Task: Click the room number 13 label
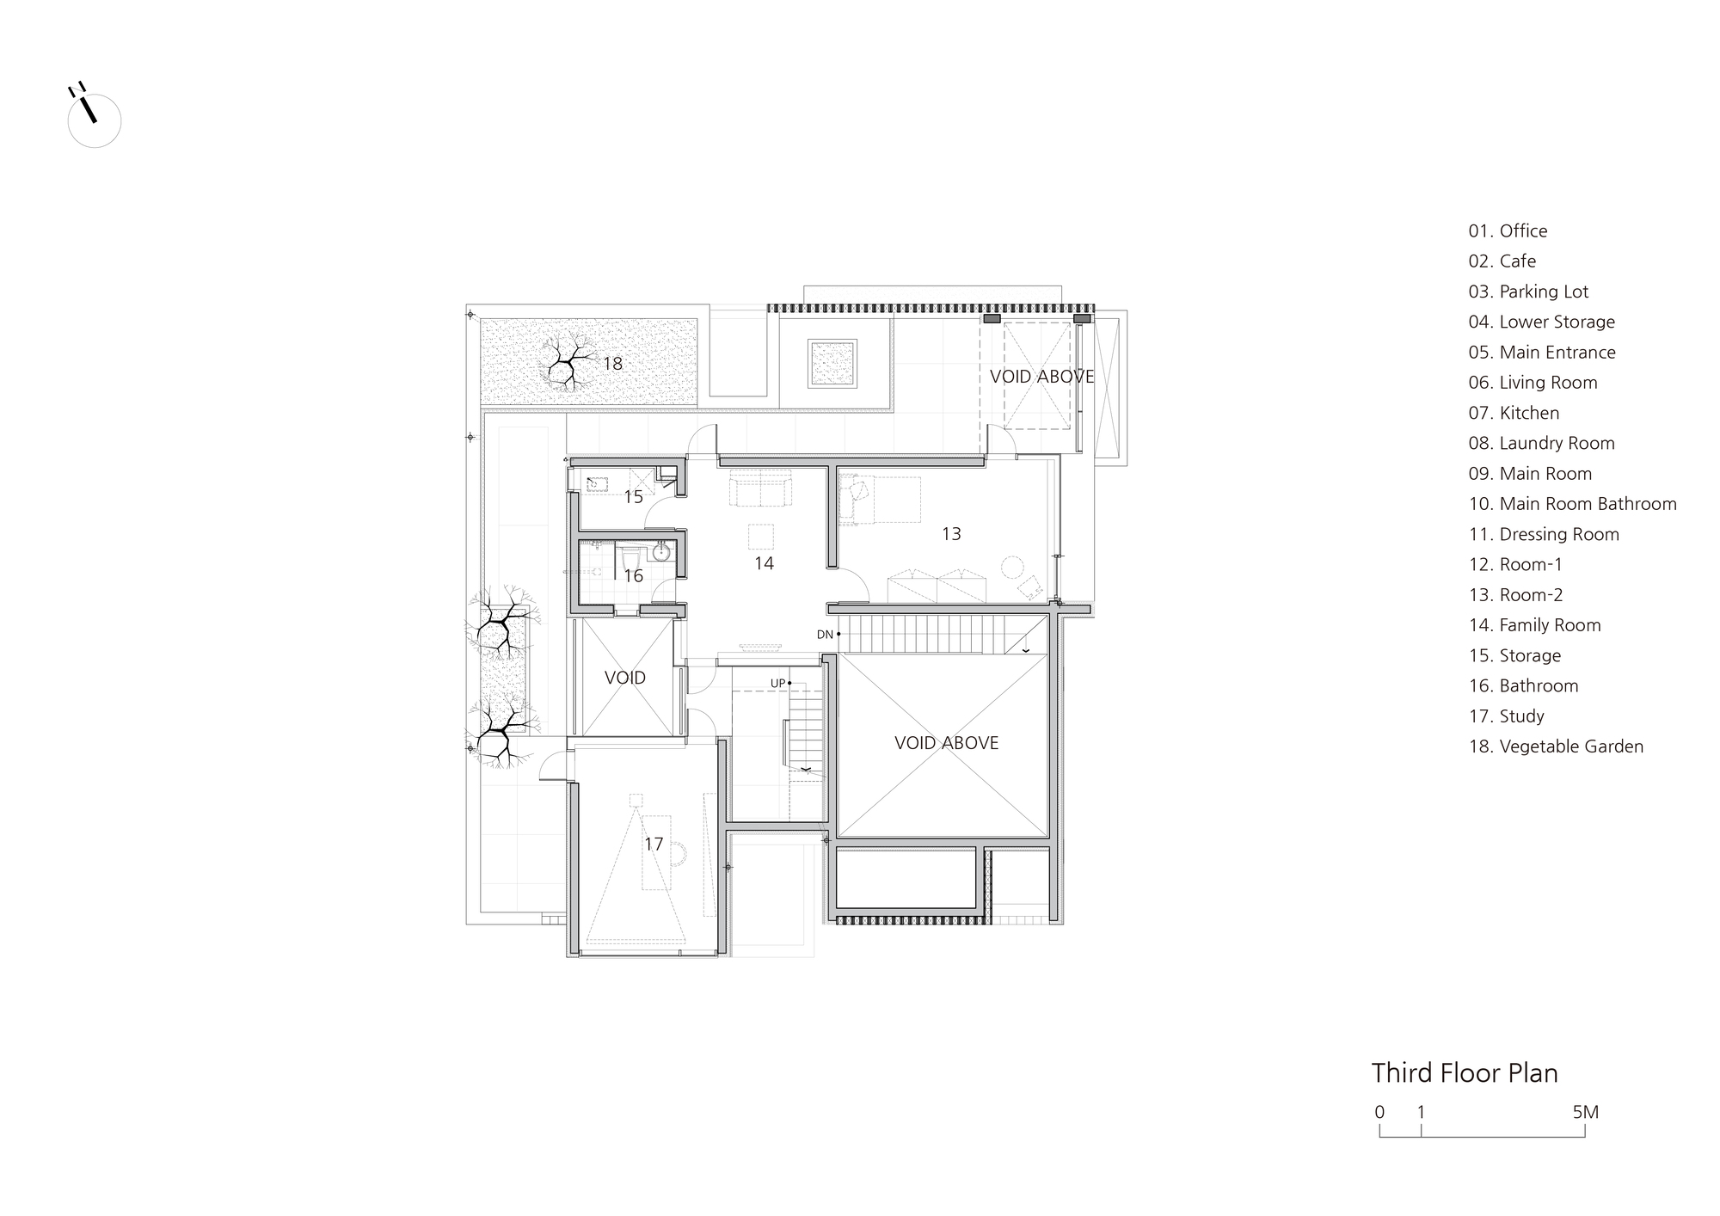951,534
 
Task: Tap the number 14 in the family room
764,563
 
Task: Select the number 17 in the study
654,844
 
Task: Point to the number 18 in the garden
612,364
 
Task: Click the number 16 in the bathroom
634,576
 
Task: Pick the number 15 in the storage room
634,497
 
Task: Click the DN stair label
825,635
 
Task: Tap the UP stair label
777,684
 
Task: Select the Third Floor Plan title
1465,1073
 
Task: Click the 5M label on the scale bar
1585,1112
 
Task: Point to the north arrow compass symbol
93,116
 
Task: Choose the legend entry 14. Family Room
1534,625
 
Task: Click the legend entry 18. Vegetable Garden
1556,746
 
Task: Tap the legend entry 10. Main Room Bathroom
1572,504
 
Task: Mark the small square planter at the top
832,363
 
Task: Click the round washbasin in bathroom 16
661,551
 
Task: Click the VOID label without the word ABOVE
625,678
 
